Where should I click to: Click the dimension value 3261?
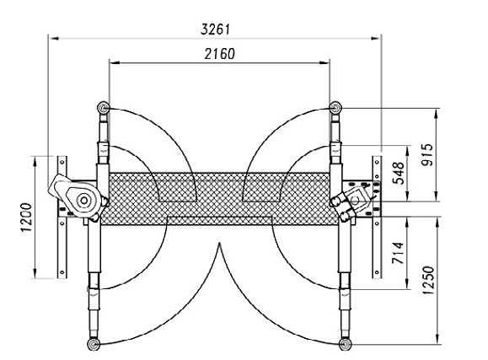tap(215, 30)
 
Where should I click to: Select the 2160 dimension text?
tap(219, 54)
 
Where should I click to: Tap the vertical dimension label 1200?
tap(26, 217)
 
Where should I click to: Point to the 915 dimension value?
tap(428, 155)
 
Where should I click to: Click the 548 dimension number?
tap(399, 174)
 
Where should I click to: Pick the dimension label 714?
tap(398, 253)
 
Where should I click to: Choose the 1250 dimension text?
tap(428, 280)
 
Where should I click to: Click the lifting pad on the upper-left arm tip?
tap(103, 108)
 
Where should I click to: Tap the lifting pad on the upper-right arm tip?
tap(335, 108)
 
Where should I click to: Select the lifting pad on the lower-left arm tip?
tap(94, 344)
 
